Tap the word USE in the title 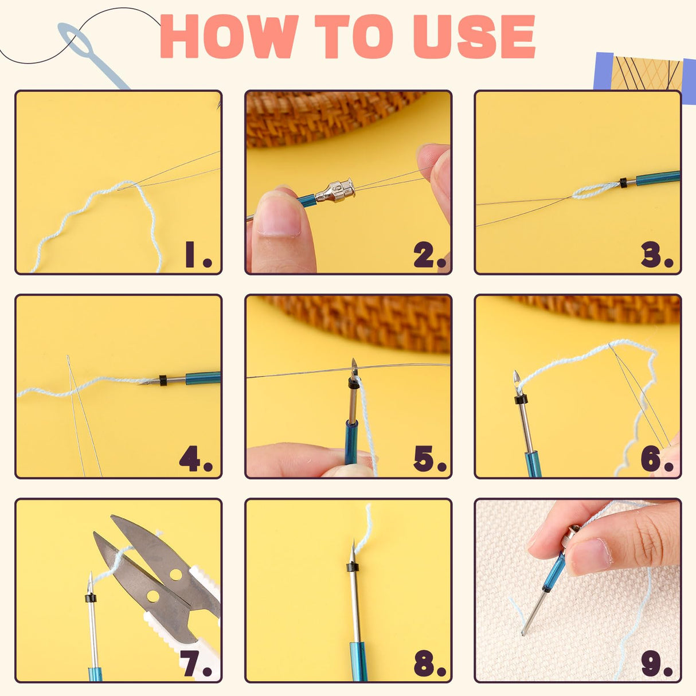474,37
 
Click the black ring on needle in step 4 163,380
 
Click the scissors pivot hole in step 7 153,596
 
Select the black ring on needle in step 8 353,568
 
